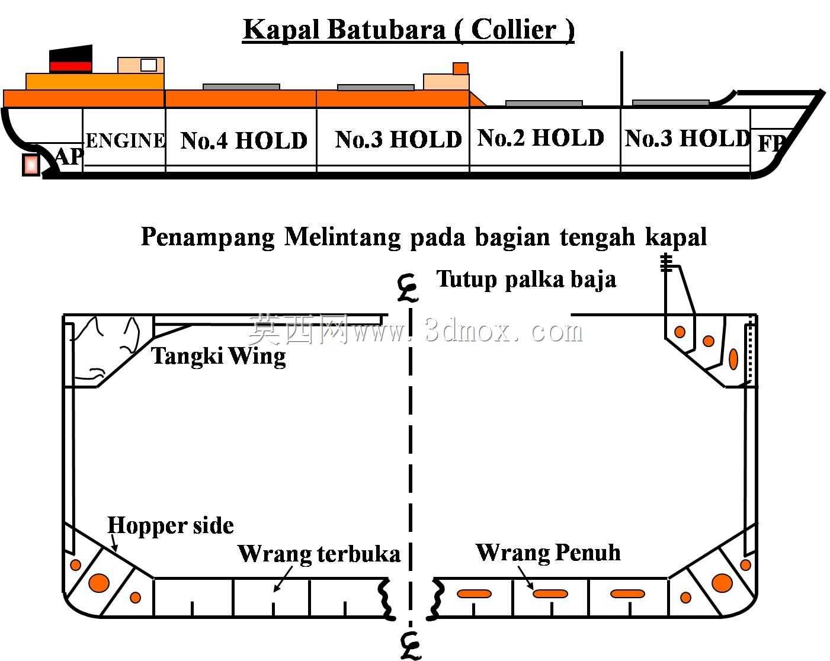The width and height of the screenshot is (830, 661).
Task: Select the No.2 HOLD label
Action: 541,137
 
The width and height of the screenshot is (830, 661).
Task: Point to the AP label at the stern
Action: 69,156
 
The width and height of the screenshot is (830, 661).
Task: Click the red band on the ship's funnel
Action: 71,66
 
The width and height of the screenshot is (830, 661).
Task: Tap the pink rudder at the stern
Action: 31,165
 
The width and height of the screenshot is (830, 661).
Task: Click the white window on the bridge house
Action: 149,65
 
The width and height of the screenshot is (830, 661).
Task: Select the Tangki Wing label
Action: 218,356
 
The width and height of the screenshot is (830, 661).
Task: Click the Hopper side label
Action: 171,525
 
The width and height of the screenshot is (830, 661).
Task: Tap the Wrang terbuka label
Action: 319,554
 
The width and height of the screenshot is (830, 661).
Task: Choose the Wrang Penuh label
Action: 548,552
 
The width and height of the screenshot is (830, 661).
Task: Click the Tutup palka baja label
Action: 526,279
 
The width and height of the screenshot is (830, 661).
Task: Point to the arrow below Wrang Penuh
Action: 526,577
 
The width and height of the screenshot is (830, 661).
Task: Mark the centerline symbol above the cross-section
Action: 408,288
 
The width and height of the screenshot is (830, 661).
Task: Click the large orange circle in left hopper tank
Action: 99,582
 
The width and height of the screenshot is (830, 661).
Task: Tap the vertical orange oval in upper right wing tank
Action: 733,359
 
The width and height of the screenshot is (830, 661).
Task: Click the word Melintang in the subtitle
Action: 342,236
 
